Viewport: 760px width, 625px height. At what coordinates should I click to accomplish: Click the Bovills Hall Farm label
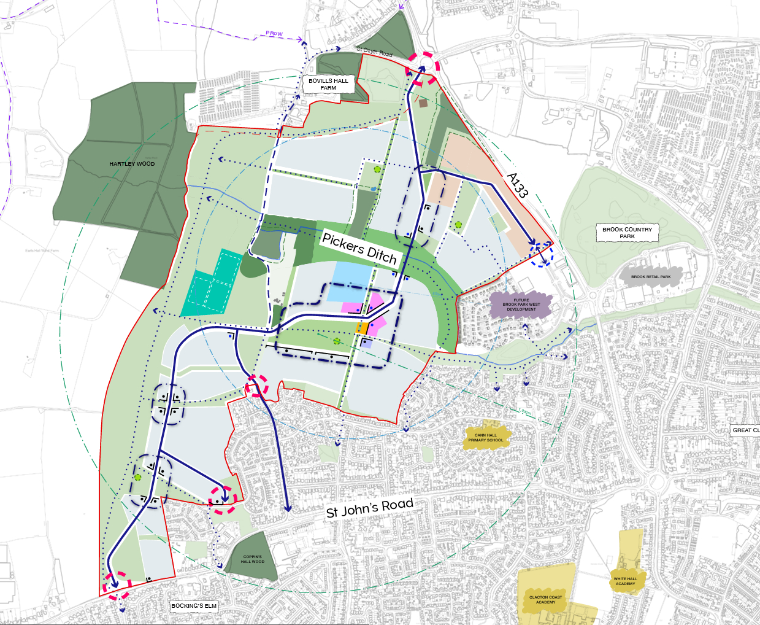328,84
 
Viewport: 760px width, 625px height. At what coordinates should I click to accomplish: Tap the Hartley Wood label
132,164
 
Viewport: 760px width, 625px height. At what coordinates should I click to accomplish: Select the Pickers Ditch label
359,248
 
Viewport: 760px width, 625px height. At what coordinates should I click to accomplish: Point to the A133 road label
517,185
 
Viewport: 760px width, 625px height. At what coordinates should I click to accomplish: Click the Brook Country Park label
627,233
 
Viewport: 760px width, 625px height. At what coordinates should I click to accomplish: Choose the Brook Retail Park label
651,277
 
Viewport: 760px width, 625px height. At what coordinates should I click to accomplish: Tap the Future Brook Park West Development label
521,305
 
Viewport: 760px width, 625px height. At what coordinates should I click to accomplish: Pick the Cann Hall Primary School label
485,438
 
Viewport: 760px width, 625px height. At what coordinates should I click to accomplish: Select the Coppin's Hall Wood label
252,559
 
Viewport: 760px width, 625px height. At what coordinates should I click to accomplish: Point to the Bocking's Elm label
194,606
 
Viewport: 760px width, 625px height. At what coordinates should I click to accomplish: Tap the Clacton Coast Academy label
545,600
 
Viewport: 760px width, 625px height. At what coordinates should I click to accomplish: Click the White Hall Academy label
625,581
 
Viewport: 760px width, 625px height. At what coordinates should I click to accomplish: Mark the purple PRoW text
274,33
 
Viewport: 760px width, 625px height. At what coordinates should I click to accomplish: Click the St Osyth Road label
374,52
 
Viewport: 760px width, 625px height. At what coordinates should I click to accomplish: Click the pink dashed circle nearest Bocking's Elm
117,585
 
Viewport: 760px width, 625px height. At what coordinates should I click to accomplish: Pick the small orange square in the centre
362,328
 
